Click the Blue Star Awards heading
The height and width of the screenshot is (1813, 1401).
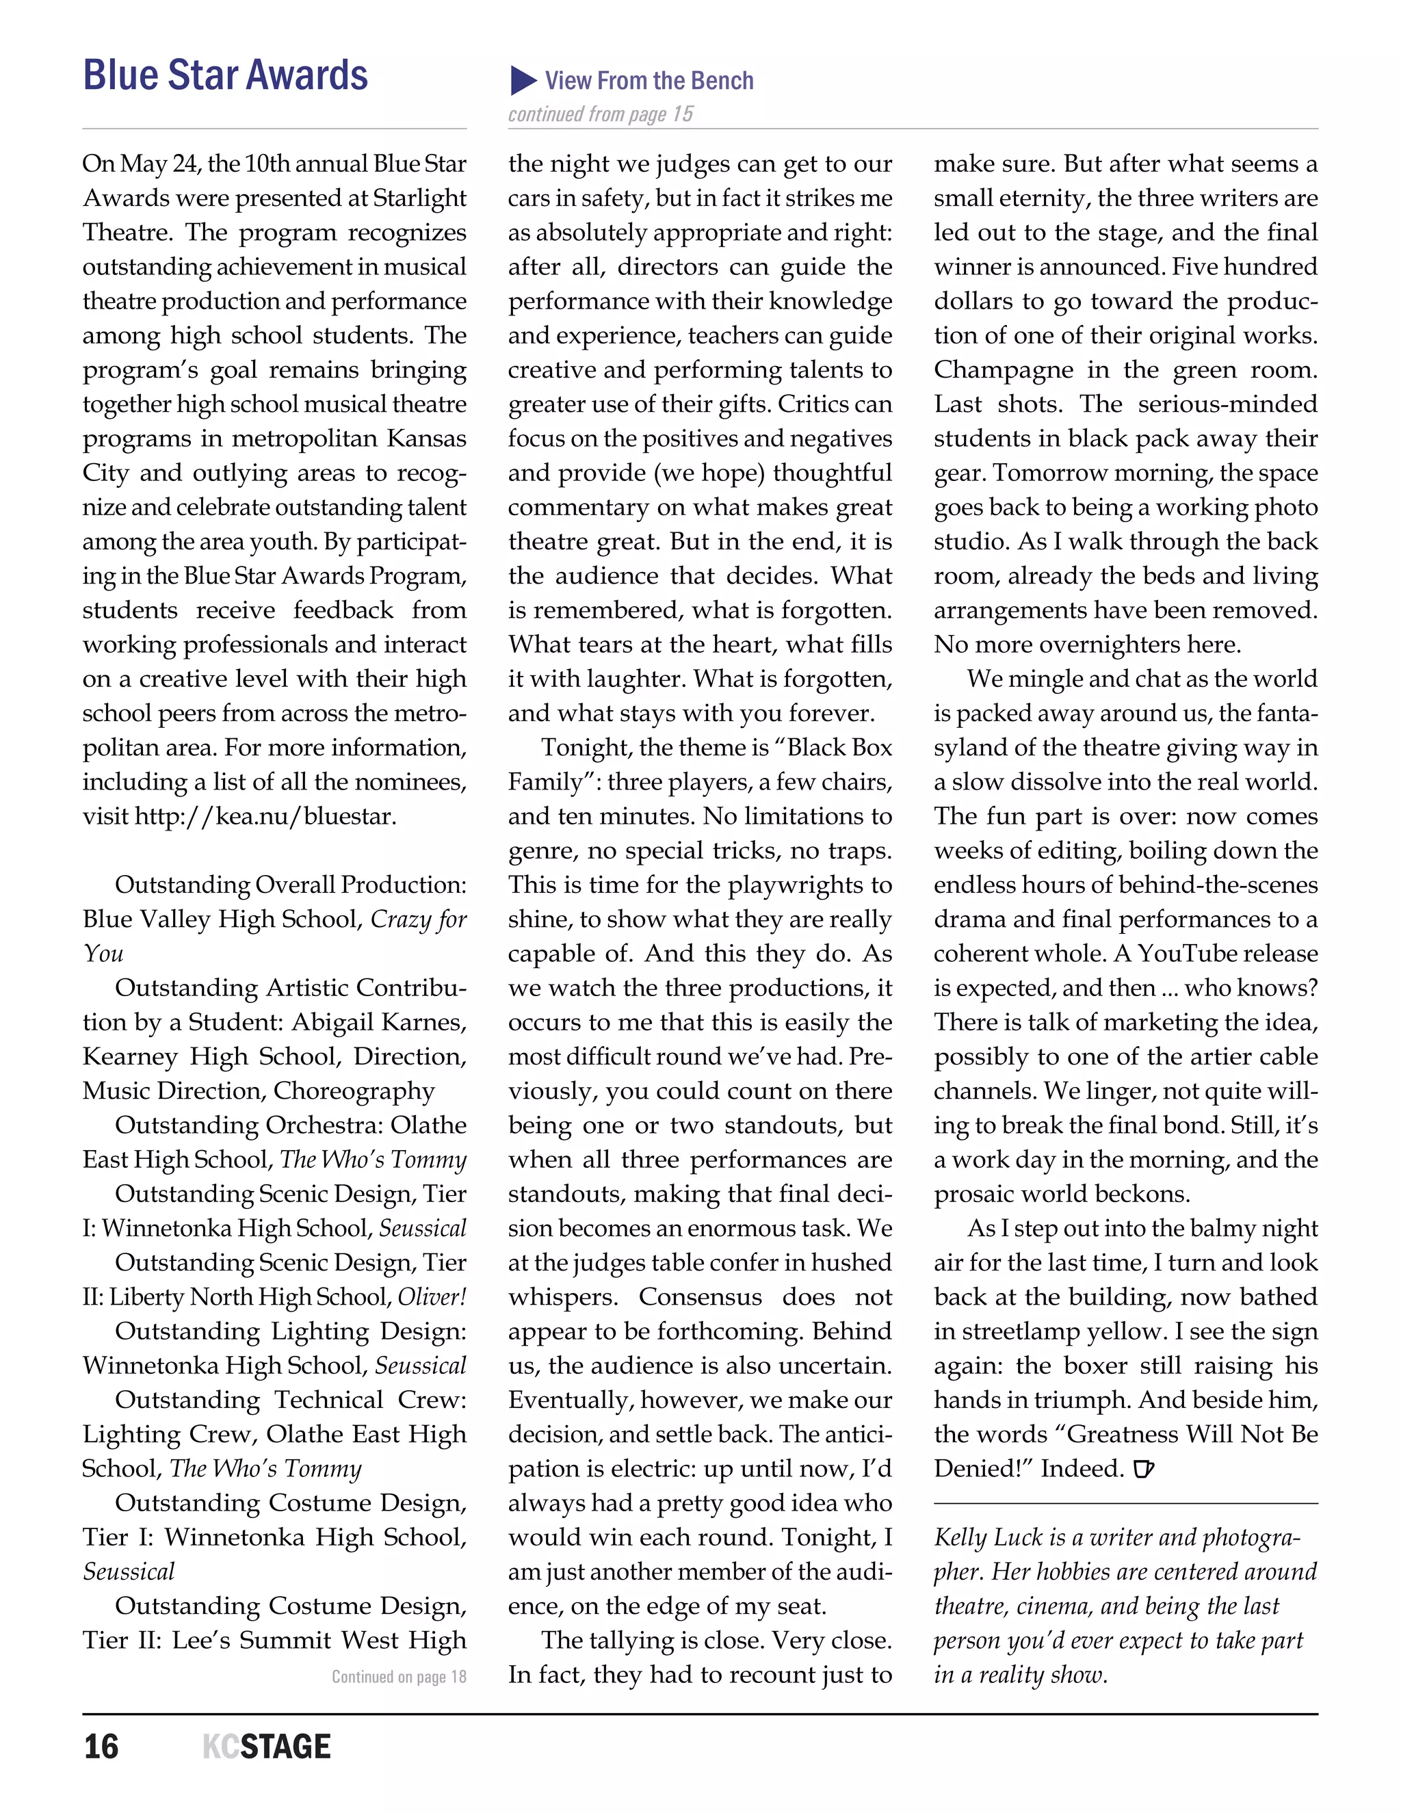225,75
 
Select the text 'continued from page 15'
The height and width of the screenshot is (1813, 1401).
600,114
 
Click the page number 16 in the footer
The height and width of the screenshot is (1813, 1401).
101,1747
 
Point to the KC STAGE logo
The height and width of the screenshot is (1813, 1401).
266,1747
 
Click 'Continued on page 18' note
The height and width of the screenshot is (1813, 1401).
400,1676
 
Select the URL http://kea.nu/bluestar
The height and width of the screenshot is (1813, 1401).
265,816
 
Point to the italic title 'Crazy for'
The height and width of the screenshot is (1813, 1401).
418,919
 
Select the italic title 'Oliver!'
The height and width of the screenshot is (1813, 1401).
432,1296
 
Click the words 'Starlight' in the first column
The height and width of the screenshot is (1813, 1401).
419,198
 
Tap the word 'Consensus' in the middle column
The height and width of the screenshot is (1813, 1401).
700,1296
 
